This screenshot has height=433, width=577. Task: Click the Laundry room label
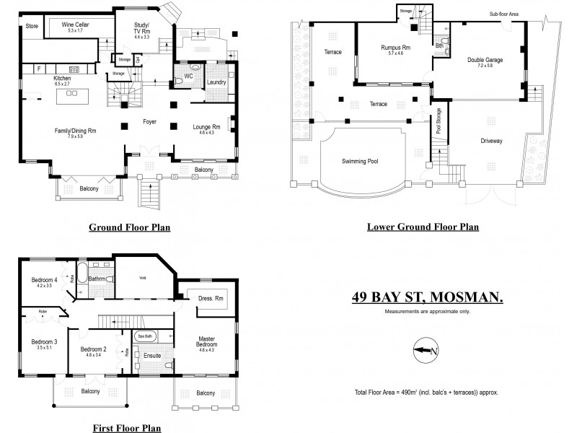click(x=216, y=82)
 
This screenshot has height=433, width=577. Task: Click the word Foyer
click(x=150, y=122)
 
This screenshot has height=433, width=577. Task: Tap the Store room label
click(x=32, y=26)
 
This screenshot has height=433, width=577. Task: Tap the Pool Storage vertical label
click(x=439, y=123)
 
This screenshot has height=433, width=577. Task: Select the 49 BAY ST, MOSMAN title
click(x=427, y=296)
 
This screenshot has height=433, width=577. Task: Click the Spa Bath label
click(x=144, y=336)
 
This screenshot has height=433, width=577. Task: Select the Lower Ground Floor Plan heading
click(x=423, y=227)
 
